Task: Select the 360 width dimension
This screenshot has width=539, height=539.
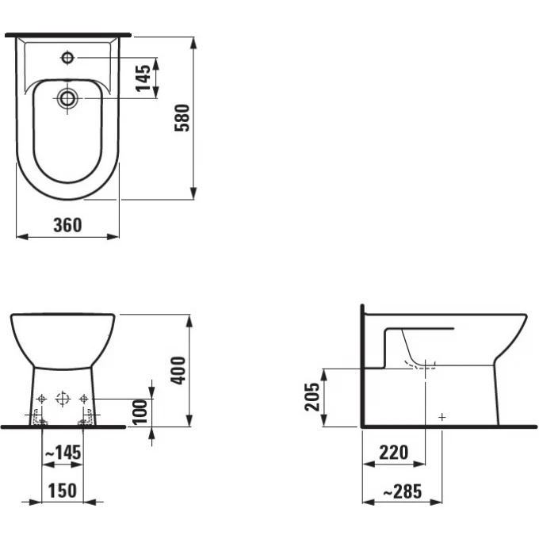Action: click(x=67, y=225)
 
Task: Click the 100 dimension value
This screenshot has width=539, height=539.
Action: click(x=140, y=412)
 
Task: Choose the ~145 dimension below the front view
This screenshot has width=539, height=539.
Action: click(x=61, y=453)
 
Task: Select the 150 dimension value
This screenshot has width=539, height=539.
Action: click(x=62, y=491)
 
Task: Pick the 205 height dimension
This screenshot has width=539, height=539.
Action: click(x=313, y=397)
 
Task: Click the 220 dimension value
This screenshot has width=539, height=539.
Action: click(x=393, y=453)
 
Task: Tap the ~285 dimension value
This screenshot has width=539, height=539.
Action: click(x=402, y=491)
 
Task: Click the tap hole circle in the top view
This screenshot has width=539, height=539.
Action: click(x=67, y=57)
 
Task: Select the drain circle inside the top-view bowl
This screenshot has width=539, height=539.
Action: click(x=67, y=98)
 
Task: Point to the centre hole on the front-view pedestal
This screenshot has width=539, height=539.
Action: click(x=63, y=399)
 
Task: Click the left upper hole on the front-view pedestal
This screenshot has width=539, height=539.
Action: click(x=43, y=398)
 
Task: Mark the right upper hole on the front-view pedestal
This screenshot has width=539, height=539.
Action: click(x=82, y=398)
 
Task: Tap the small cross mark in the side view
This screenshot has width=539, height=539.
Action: click(x=442, y=416)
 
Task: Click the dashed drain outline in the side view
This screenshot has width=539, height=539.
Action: click(x=422, y=366)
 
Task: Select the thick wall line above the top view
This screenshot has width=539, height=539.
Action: click(x=67, y=35)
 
